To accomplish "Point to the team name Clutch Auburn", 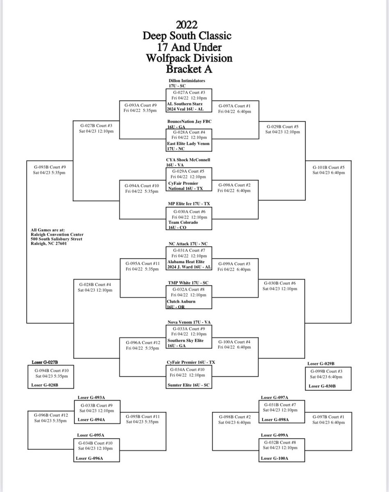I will click(181, 301).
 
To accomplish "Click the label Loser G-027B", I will click(45, 362).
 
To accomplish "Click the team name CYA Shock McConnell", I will click(188, 159).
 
